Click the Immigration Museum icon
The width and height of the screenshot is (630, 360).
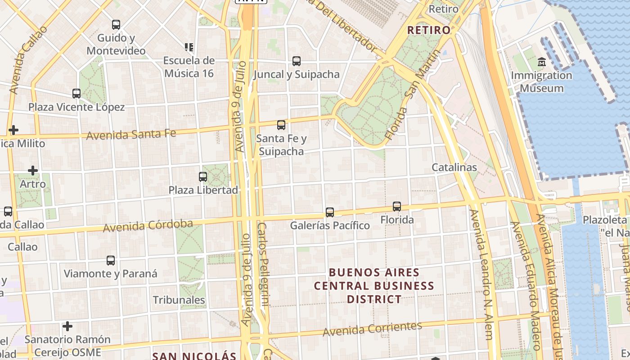[541, 62]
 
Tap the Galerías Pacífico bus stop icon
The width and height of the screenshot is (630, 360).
[330, 212]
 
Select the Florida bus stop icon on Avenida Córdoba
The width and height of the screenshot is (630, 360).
[396, 206]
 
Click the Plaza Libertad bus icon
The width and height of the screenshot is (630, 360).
[203, 176]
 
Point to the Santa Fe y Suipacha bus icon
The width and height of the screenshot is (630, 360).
[281, 125]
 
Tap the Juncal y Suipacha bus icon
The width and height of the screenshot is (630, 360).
[296, 61]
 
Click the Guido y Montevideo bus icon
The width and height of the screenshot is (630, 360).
[116, 25]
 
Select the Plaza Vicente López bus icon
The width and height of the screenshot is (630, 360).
[76, 94]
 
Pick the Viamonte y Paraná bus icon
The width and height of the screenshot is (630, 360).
[111, 260]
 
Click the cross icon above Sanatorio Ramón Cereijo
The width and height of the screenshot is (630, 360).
[67, 326]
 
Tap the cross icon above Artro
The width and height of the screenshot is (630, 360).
[33, 171]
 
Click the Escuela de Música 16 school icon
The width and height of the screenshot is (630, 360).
[189, 47]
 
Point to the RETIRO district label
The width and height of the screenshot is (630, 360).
[428, 30]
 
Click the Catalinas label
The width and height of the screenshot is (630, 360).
[454, 167]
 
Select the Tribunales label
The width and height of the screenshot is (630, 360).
[179, 300]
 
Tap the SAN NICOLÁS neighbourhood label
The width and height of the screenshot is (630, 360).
[194, 355]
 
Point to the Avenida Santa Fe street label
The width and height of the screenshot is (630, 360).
[131, 134]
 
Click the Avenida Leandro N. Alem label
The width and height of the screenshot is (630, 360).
[481, 274]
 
